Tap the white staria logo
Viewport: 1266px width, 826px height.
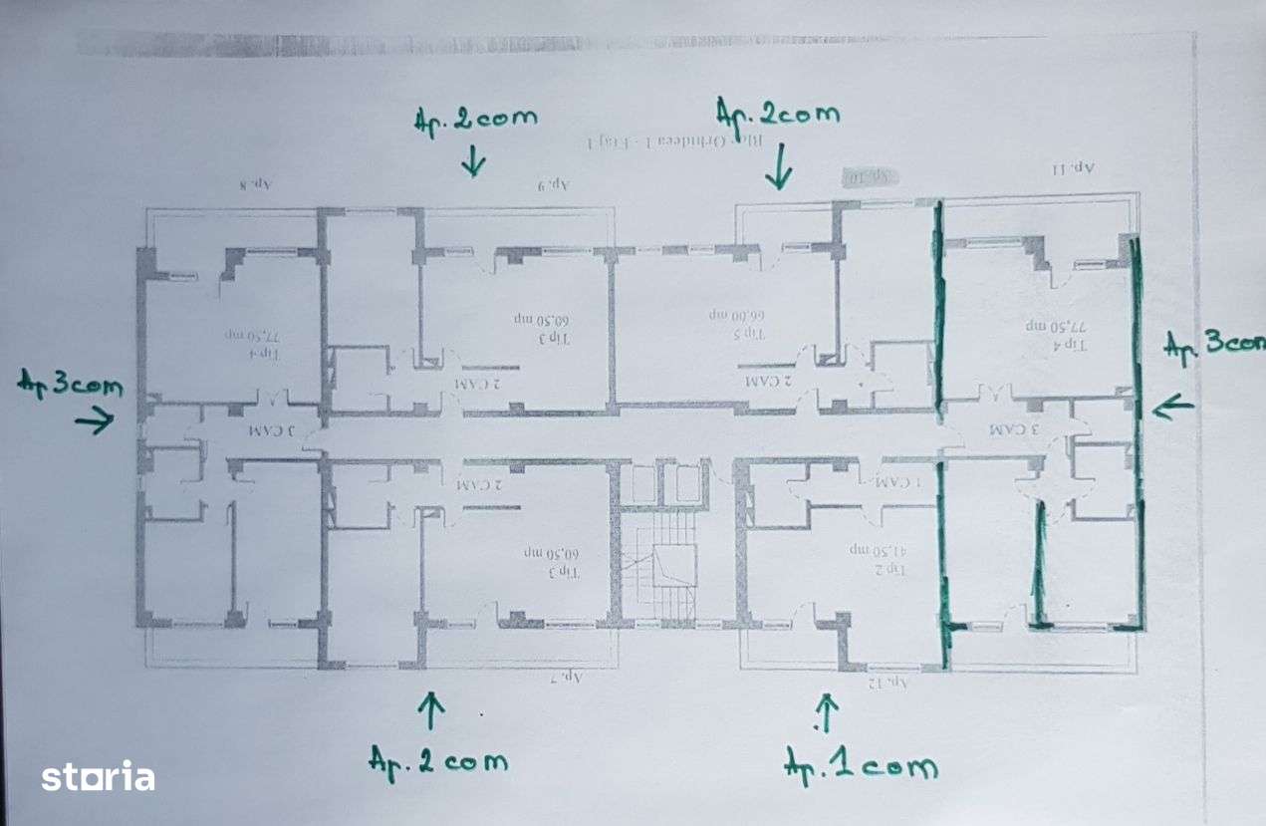pos(98,776)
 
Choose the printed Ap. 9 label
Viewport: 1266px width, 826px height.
pos(552,184)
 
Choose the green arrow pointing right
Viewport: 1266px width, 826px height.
pos(94,422)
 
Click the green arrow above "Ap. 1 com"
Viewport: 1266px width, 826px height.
pos(826,712)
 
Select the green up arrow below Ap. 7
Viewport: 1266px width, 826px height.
pos(430,710)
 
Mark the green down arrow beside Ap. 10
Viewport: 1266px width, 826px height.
pos(779,166)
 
